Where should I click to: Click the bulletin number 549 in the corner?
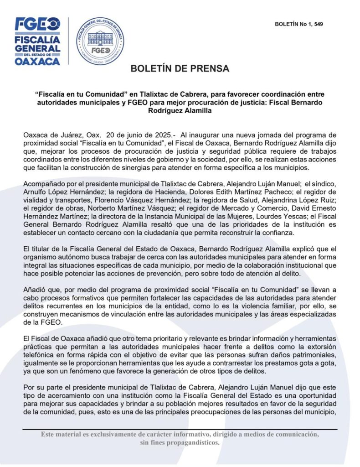(318, 24)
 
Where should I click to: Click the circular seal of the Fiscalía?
(100, 41)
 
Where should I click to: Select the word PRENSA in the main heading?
(210, 69)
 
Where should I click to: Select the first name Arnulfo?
(36, 191)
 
